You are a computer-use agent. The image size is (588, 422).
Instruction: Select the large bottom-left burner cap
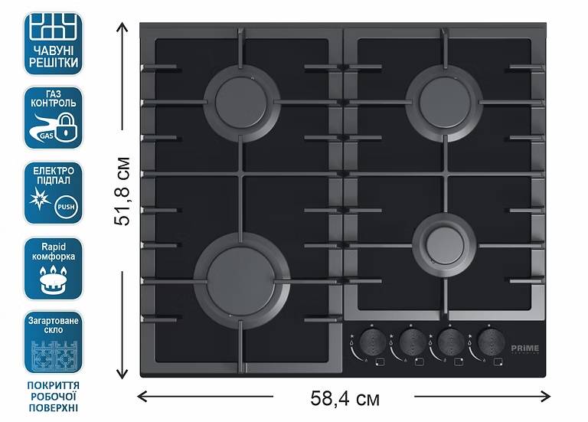click(241, 273)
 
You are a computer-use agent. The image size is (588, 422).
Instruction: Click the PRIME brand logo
click(525, 348)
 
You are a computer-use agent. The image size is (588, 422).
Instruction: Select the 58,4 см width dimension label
click(345, 398)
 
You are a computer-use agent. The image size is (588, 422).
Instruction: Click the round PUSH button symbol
click(67, 204)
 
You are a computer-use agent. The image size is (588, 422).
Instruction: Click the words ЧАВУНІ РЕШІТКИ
click(53, 56)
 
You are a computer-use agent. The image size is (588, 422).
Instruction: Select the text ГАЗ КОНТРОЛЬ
click(53, 97)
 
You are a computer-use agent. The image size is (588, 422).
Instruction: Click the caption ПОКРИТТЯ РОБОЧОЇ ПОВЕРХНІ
click(53, 395)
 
